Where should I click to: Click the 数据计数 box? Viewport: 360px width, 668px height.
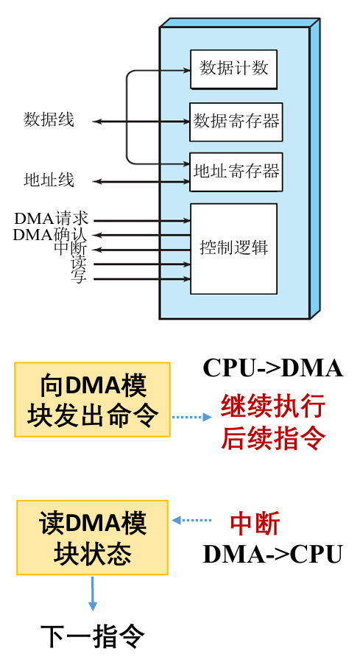(233, 69)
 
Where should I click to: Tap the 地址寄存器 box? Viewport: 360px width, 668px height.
(236, 172)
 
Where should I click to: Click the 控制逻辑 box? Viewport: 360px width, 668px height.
(233, 248)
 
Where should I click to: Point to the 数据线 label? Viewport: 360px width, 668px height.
(49, 120)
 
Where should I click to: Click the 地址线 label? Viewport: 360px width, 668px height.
(49, 180)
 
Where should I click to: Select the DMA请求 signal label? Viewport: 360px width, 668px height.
(52, 219)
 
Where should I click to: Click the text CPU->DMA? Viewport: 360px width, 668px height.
(272, 368)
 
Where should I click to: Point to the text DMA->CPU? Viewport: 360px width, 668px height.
(272, 554)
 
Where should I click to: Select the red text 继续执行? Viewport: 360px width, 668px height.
(272, 406)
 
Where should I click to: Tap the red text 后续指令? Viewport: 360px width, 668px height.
(272, 437)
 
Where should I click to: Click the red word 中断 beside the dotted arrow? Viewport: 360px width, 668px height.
(255, 524)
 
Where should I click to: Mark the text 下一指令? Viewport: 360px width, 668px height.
(92, 636)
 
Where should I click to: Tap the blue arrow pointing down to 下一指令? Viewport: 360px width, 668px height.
(92, 594)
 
